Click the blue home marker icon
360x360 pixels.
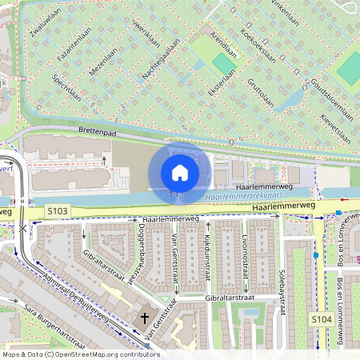[x=180, y=172]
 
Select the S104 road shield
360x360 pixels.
[x=322, y=319]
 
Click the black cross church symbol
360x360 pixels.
[x=145, y=318]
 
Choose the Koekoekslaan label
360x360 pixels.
[x=258, y=49]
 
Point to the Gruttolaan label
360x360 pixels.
[x=261, y=92]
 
